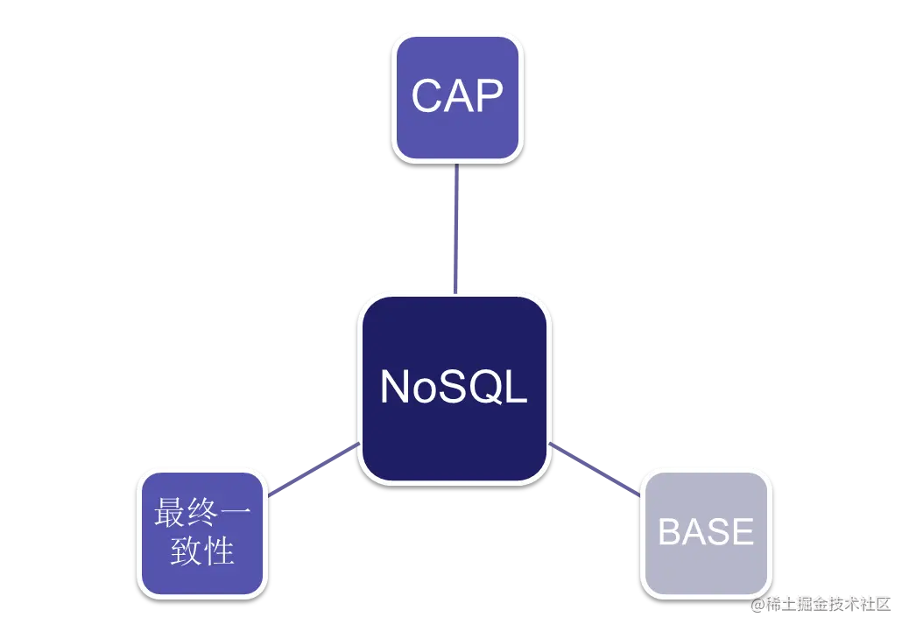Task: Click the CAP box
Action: (x=456, y=97)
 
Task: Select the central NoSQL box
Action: (x=454, y=388)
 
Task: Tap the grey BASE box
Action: (x=706, y=532)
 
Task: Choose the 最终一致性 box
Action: (x=201, y=532)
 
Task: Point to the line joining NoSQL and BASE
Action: (x=595, y=471)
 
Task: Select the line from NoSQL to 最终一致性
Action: (x=314, y=471)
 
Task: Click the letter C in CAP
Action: (x=427, y=96)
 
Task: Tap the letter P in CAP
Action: (x=489, y=96)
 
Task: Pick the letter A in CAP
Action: (x=458, y=96)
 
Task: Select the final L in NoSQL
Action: (x=517, y=387)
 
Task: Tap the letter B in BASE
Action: (x=669, y=532)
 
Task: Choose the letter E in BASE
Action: (x=742, y=532)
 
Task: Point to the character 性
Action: (x=219, y=551)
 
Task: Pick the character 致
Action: (x=186, y=551)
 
